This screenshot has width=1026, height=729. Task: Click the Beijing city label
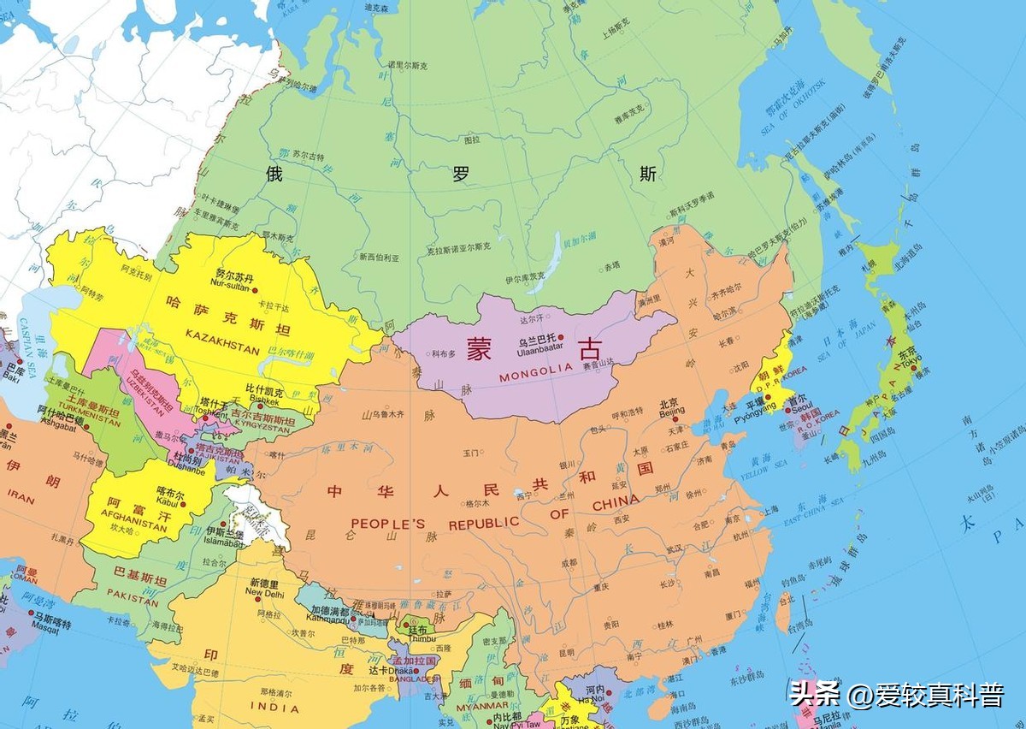tap(672, 412)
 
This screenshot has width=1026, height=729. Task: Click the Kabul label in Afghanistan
tap(168, 503)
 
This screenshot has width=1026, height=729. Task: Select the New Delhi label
tap(264, 592)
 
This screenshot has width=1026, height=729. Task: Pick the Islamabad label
tap(226, 542)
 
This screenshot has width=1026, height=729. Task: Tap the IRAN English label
tap(21, 500)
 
